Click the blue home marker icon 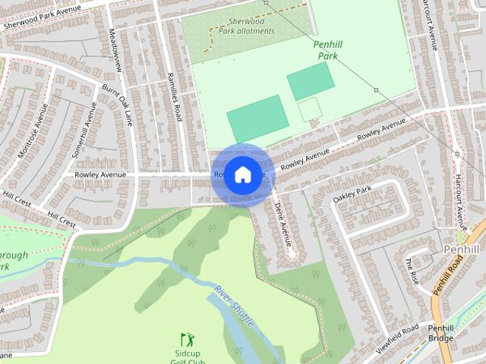[241, 174]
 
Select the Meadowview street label [115, 51]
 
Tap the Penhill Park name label [328, 50]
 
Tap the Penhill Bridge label [440, 333]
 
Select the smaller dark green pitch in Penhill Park [310, 80]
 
